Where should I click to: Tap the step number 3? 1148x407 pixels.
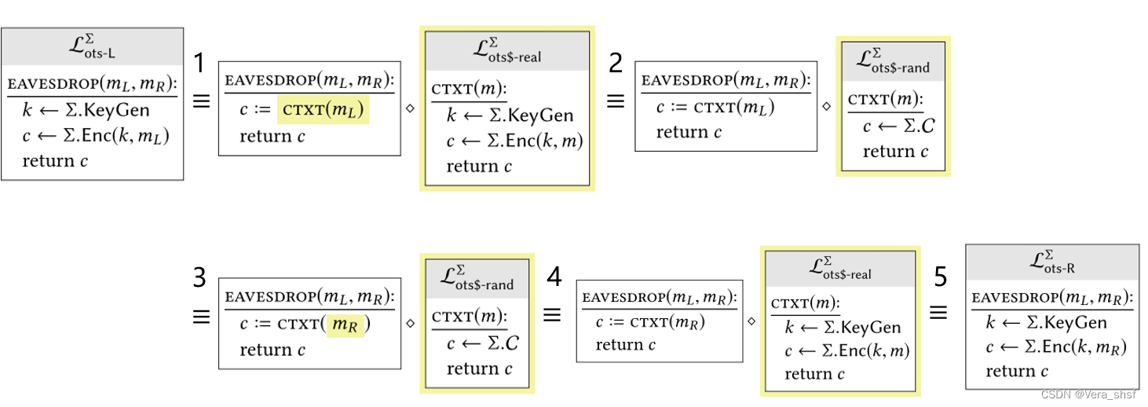pyautogui.click(x=200, y=277)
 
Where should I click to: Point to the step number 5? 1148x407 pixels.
pyautogui.click(x=940, y=276)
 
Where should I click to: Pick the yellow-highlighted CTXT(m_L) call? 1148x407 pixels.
pyautogui.click(x=323, y=111)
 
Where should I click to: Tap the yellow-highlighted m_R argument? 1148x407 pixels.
pyautogui.click(x=345, y=324)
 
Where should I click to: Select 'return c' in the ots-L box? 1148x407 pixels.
pyautogui.click(x=55, y=161)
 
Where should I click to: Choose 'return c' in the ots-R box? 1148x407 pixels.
pyautogui.click(x=1017, y=371)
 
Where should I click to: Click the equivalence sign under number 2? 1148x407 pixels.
pyautogui.click(x=616, y=101)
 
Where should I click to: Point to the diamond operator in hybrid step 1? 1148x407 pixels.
pyautogui.click(x=409, y=108)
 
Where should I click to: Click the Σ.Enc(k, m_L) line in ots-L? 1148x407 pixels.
pyautogui.click(x=96, y=136)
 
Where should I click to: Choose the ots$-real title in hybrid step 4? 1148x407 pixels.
pyautogui.click(x=839, y=268)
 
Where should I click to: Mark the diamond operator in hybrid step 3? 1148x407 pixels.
pyautogui.click(x=409, y=322)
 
